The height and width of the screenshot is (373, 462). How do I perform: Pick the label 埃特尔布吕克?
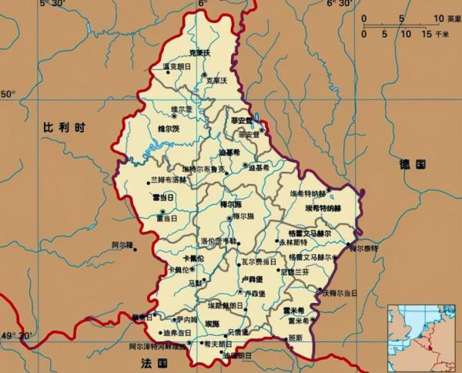[203, 169]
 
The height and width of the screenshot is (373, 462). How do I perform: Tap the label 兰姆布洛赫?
[168, 180]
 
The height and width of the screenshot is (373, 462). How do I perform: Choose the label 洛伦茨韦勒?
[219, 241]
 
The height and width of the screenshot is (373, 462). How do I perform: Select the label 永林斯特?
[293, 242]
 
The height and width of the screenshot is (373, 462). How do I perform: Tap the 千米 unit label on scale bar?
[441, 34]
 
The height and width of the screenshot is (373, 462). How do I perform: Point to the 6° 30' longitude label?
[340, 5]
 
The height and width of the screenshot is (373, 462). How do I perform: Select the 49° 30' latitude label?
[18, 336]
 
